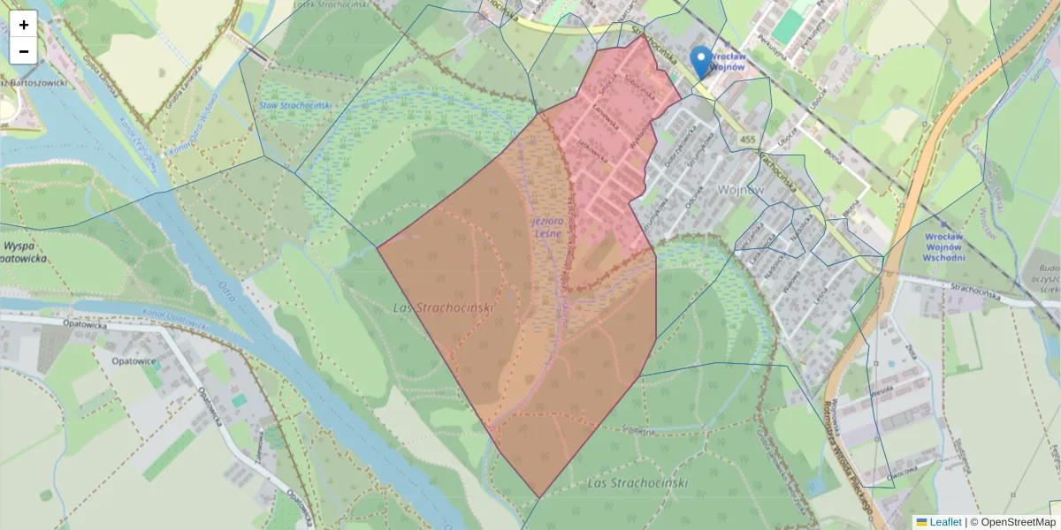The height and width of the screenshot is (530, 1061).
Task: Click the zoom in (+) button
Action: pyautogui.click(x=23, y=24)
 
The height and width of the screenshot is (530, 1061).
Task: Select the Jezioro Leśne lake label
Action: pyautogui.click(x=546, y=227)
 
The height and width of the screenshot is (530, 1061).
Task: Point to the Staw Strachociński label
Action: pyautogui.click(x=295, y=105)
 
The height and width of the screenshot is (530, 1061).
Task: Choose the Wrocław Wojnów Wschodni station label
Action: pyautogui.click(x=950, y=247)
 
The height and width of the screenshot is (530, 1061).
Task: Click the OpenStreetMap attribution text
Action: pyautogui.click(x=1018, y=522)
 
